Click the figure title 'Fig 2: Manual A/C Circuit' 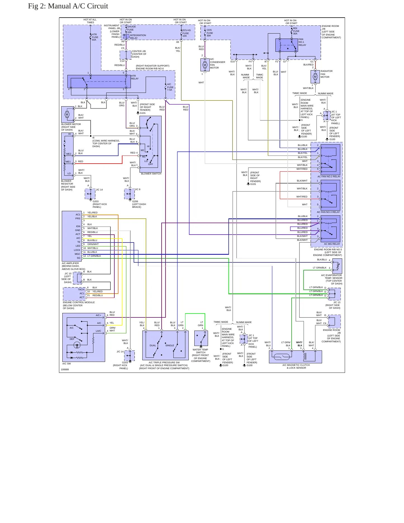tap(68, 6)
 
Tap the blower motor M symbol tap(67, 114)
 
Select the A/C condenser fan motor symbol tap(205, 65)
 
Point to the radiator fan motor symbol tap(315, 77)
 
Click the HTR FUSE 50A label tap(95, 37)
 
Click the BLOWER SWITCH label tap(151, 174)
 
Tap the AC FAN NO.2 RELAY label tap(329, 176)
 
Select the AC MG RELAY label tap(332, 244)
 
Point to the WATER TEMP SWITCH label tap(200, 351)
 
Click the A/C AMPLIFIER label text tap(70, 263)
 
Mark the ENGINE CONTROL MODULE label tap(79, 302)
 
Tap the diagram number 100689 tap(65, 369)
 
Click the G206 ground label tap(135, 201)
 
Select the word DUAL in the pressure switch tap(153, 345)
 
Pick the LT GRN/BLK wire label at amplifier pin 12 tap(94, 256)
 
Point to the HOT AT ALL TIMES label tap(90, 21)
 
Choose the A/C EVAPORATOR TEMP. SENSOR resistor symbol tap(338, 266)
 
